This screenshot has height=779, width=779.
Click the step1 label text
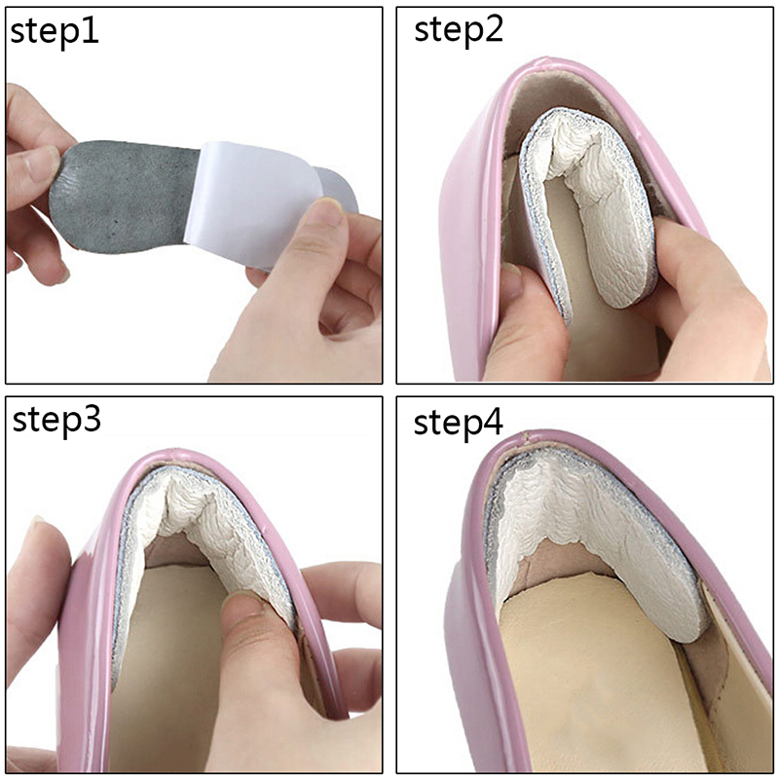55,32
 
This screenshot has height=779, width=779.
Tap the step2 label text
459,30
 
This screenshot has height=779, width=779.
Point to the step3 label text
56,421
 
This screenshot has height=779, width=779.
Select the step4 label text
458,423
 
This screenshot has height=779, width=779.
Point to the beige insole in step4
596,686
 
